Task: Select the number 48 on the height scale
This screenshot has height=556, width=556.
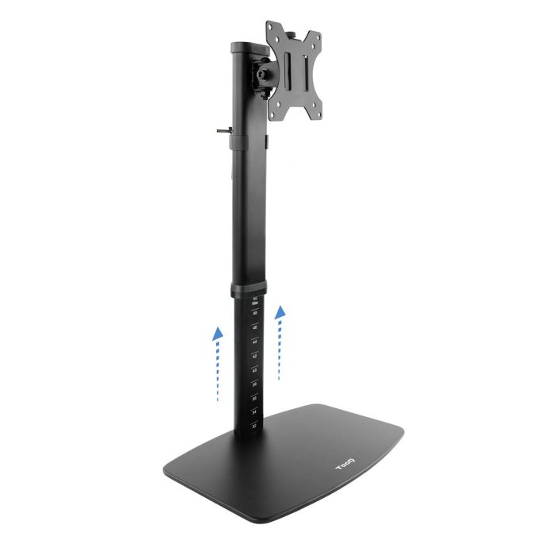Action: tap(254, 314)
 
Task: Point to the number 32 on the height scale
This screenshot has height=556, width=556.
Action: tap(254, 427)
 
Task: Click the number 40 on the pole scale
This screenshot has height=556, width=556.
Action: tap(254, 370)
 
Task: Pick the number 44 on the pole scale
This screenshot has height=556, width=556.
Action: tap(254, 342)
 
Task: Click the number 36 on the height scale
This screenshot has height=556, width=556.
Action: tap(254, 398)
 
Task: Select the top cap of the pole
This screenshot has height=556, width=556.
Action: tap(247, 44)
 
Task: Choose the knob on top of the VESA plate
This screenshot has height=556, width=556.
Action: tap(295, 34)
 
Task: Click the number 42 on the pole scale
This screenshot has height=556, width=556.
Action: tap(254, 356)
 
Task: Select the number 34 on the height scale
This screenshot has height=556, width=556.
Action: tap(254, 412)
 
